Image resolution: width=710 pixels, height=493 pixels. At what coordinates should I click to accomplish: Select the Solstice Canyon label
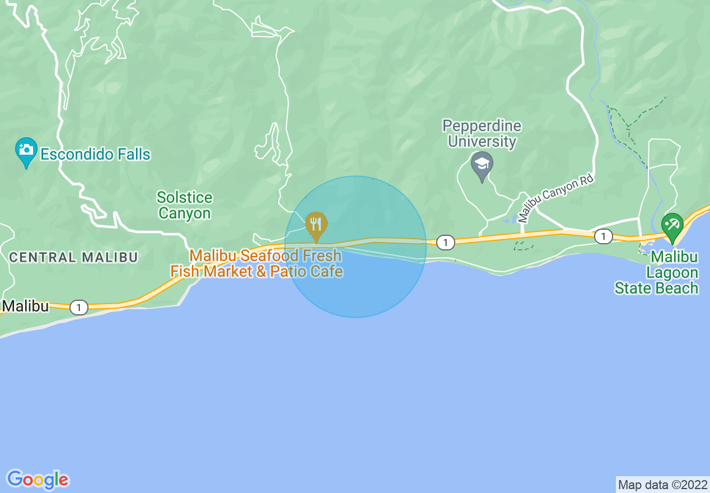coord(184,205)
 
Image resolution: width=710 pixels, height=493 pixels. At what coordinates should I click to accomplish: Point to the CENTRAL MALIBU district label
coord(73,258)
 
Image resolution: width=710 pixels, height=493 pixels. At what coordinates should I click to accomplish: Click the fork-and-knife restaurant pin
coord(316,225)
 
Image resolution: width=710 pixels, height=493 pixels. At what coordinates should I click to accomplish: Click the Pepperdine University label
coord(482,133)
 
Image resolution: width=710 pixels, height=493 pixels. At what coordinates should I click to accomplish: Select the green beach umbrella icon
coord(672,225)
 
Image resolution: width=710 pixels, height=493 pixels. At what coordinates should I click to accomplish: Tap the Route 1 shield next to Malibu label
coord(79,307)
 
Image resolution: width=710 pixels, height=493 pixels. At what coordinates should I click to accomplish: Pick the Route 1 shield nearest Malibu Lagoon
coord(602,236)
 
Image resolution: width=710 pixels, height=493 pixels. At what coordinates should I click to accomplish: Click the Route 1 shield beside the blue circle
coord(445,243)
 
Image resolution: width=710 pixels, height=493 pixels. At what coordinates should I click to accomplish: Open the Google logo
coord(38,480)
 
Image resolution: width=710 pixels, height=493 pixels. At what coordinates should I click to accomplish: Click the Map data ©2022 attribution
coord(662,485)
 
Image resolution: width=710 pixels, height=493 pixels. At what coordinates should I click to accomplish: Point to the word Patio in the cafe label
coord(289,271)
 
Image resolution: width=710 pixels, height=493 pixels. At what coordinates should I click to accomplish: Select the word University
coord(482,141)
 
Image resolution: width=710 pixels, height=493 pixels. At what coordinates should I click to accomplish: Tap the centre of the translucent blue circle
coord(356,247)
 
